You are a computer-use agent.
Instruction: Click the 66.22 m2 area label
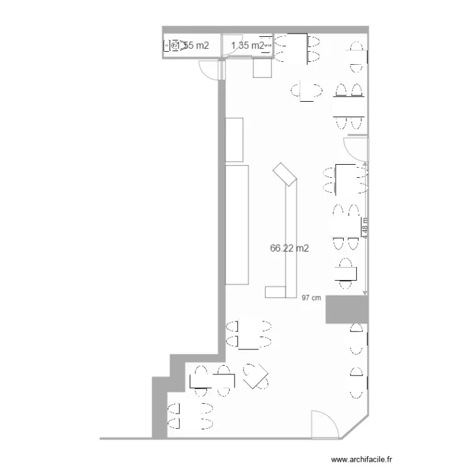tap(290, 248)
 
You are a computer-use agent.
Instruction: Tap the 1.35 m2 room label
tap(248, 45)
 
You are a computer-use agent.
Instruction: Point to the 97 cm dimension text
tap(311, 298)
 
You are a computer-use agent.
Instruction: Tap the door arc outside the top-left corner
tap(210, 70)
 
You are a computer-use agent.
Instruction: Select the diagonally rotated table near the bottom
tap(256, 376)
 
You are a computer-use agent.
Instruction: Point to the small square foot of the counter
tap(275, 291)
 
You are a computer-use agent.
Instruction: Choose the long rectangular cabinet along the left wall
tap(237, 225)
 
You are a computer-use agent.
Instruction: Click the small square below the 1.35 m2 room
tap(261, 67)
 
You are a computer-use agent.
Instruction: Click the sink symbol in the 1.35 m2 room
tap(266, 45)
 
